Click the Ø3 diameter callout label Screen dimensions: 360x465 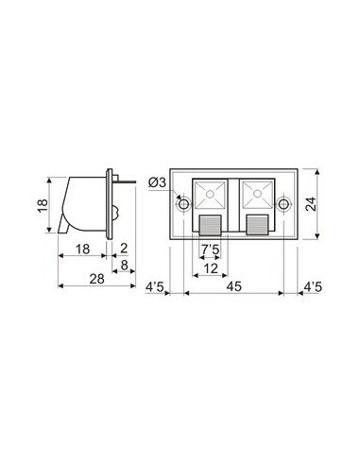point(157,182)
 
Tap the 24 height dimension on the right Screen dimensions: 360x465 point(310,204)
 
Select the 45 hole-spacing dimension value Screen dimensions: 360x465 point(234,286)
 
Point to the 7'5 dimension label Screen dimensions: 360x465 point(210,250)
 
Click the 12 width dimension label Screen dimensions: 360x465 point(211,268)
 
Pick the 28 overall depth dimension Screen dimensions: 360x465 point(96,279)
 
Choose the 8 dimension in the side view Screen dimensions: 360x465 point(125,266)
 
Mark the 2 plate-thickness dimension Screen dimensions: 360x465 point(124,249)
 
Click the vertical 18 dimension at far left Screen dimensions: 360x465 point(43,206)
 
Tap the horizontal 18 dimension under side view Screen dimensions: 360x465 point(83,249)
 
